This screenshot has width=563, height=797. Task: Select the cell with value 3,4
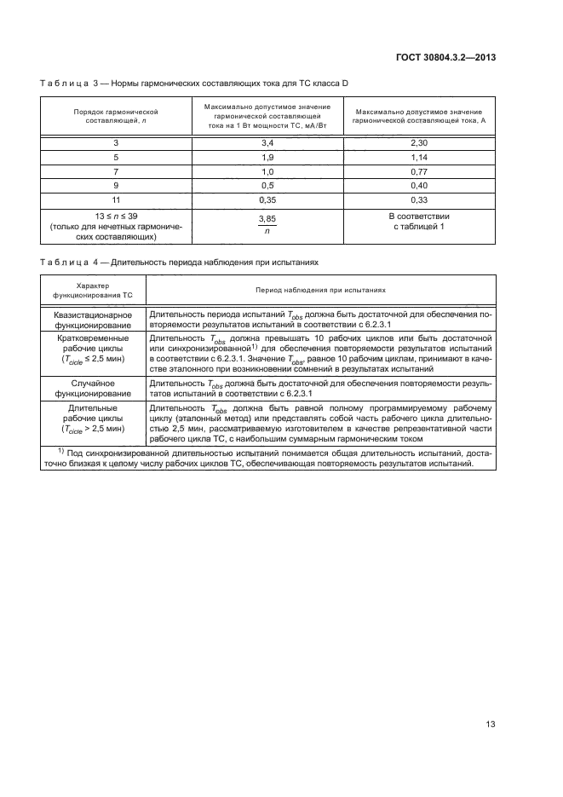tap(267, 142)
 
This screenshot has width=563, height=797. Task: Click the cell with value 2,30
tap(417, 142)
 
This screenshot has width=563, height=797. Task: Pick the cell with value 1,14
tap(417, 158)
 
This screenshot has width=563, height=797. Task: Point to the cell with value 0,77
tap(417, 173)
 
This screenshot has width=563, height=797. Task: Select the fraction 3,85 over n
tap(267, 224)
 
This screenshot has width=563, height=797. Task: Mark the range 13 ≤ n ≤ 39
tap(116, 217)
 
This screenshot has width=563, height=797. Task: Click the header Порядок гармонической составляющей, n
tap(116, 117)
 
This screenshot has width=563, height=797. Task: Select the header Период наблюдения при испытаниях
tap(320, 291)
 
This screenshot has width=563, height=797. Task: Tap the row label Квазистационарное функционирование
tap(93, 320)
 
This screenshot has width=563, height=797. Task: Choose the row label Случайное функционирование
tap(93, 389)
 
